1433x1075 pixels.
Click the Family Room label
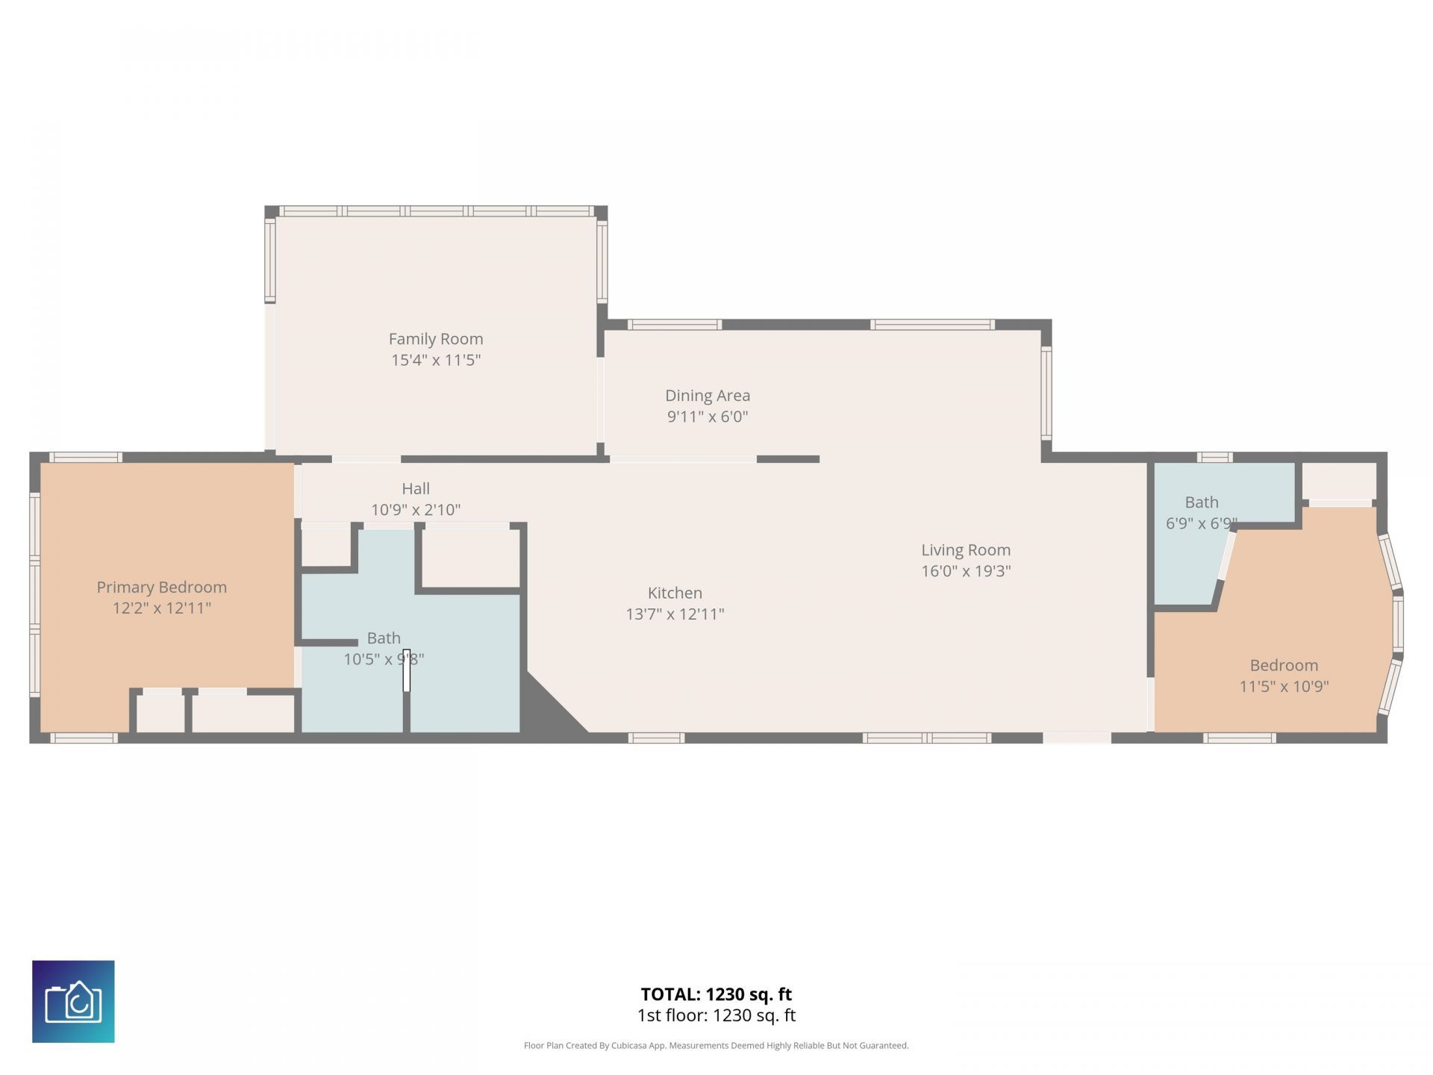point(436,339)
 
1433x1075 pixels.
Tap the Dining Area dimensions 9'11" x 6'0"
point(708,417)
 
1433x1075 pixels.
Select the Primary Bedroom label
point(162,588)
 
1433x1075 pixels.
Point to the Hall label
point(416,488)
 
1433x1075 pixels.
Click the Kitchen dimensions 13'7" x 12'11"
point(675,614)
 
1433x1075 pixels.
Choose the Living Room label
point(966,550)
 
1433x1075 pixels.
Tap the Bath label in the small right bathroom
point(1202,502)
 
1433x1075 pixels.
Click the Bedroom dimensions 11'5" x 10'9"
point(1284,686)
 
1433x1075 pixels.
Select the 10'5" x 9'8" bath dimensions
point(384,659)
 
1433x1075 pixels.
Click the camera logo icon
point(73,1001)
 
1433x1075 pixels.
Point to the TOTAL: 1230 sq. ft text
point(716,994)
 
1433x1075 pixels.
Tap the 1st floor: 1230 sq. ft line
point(716,1015)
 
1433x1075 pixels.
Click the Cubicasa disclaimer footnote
point(716,1046)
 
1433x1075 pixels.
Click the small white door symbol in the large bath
point(407,670)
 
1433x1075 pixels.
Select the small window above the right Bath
point(1214,458)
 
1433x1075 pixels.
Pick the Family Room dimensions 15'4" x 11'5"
point(436,360)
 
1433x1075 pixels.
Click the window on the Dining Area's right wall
point(1046,393)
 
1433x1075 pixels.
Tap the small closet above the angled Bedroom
point(1340,482)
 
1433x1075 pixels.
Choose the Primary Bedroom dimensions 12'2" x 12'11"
point(162,608)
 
